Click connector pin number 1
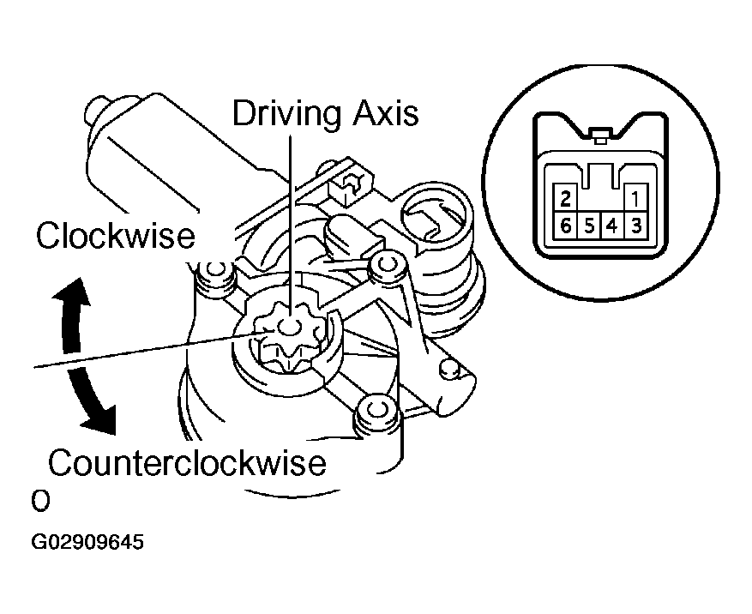tap(635, 200)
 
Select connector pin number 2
tap(564, 200)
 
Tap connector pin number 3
tap(635, 228)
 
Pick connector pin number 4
tap(612, 228)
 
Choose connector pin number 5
tap(588, 228)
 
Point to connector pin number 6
tap(564, 228)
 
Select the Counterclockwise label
tap(188, 463)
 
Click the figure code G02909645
tap(87, 543)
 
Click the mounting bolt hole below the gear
tap(375, 409)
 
